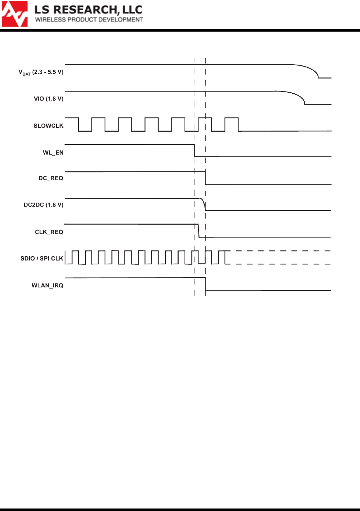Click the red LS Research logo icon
pyautogui.click(x=15, y=14)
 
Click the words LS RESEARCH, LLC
pyautogui.click(x=88, y=10)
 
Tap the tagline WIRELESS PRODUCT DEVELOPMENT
pyautogui.click(x=89, y=20)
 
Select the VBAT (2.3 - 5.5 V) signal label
pyautogui.click(x=41, y=72)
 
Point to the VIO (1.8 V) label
pyautogui.click(x=49, y=99)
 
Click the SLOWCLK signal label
pyautogui.click(x=48, y=126)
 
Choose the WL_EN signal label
pyautogui.click(x=53, y=153)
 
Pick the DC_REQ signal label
pyautogui.click(x=51, y=178)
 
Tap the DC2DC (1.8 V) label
pyautogui.click(x=43, y=205)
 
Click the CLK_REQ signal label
pyautogui.click(x=49, y=232)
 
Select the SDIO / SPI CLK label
pyautogui.click(x=42, y=258)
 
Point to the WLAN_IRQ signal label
pyautogui.click(x=47, y=285)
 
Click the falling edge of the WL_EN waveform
pyautogui.click(x=195, y=150)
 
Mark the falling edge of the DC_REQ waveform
pyautogui.click(x=205, y=178)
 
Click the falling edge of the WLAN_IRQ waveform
pyautogui.click(x=205, y=284)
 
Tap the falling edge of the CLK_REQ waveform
pyautogui.click(x=199, y=231)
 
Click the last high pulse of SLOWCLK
pyautogui.click(x=231, y=118)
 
